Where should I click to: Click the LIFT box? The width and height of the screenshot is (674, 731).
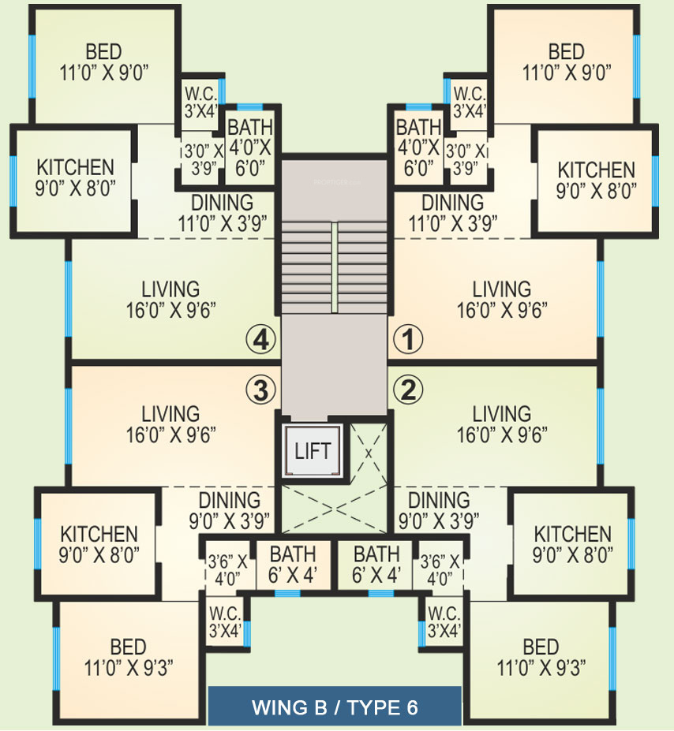[313, 452]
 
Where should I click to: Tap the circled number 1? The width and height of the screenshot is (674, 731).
[408, 340]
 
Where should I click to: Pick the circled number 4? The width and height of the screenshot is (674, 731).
[262, 340]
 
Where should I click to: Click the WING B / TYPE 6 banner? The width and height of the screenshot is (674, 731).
[334, 707]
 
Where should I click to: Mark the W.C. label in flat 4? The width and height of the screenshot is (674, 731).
[200, 102]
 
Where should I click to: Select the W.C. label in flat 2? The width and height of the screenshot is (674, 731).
[444, 622]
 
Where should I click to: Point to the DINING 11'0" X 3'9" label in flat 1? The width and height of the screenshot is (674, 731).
[452, 211]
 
